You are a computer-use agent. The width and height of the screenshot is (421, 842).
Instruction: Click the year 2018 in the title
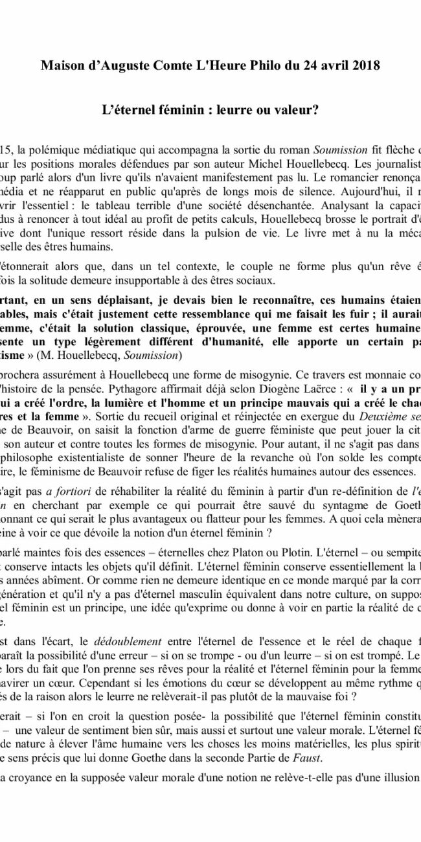367,66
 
